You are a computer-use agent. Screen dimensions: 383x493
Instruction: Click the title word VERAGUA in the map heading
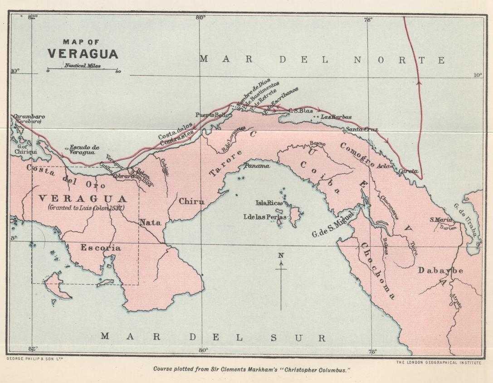pos(83,53)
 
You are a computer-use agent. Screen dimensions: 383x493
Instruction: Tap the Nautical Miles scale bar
pos(83,70)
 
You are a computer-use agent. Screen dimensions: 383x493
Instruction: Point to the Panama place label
pos(257,166)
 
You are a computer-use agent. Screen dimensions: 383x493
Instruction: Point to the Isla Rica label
pos(269,203)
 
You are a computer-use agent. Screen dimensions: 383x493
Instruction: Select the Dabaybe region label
pos(440,271)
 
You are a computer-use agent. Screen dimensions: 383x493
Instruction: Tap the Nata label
pos(150,223)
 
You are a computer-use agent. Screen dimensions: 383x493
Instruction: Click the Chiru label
pos(191,201)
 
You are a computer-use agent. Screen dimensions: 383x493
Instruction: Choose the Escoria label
pos(101,248)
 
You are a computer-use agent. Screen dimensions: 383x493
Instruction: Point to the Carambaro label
pos(29,116)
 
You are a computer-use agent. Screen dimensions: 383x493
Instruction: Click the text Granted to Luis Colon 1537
pos(86,208)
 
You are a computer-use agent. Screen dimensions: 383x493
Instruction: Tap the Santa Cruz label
pos(362,129)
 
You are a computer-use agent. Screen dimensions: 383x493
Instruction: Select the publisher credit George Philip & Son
pos(34,358)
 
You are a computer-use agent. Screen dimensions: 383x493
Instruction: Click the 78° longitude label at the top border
pos(368,19)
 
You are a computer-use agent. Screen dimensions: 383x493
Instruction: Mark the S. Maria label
pos(440,220)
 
